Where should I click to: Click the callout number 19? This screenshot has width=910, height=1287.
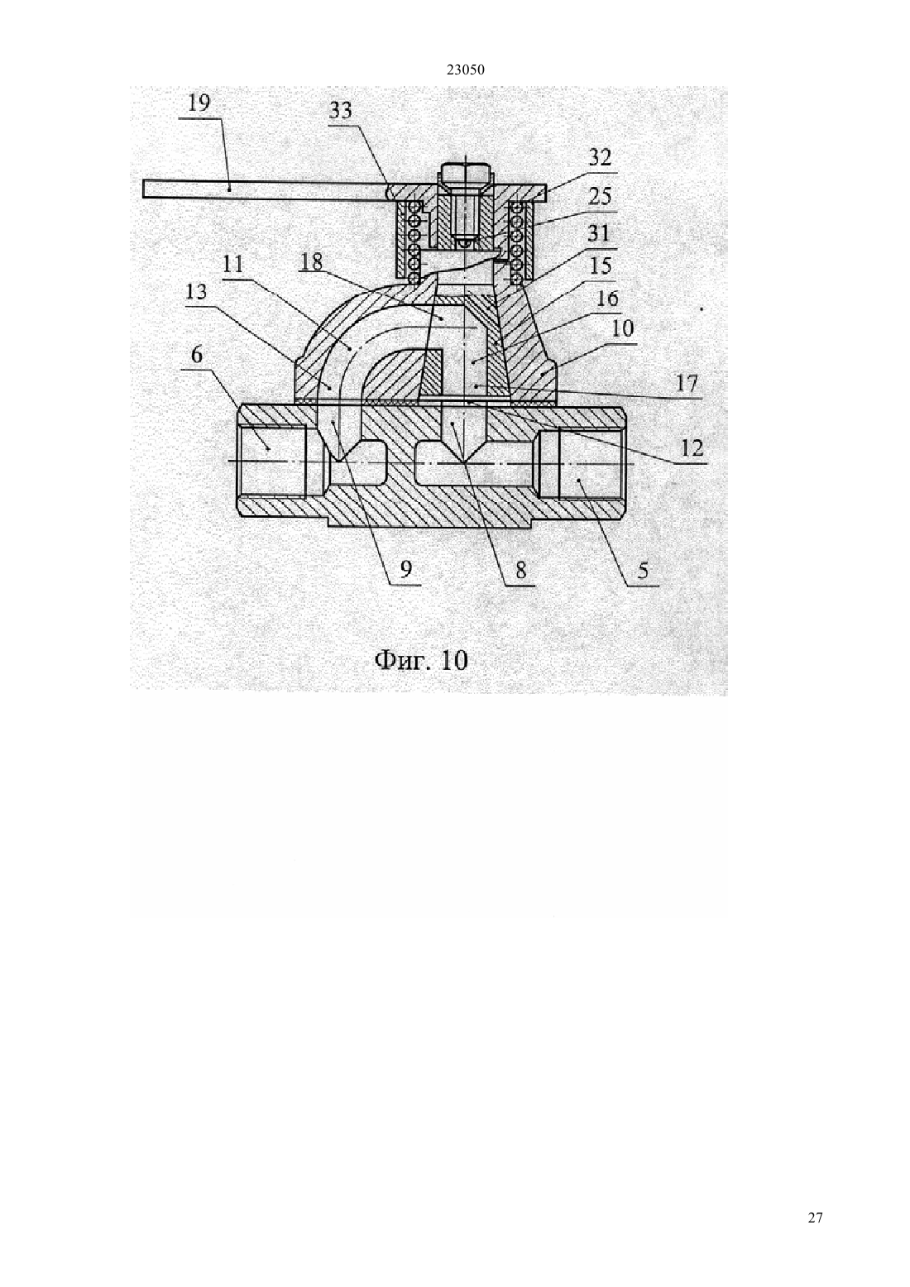(199, 104)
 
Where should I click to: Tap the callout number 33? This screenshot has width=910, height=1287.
(340, 110)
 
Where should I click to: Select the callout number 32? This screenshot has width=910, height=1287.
(600, 157)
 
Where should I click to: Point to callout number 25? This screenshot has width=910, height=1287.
(600, 197)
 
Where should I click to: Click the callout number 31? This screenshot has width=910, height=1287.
(599, 234)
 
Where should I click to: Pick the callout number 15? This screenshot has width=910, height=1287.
(600, 266)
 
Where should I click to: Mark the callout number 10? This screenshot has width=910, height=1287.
(622, 328)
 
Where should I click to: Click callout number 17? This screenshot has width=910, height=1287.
(687, 383)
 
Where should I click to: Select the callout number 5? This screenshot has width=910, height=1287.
(642, 571)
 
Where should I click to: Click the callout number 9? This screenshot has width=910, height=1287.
(405, 569)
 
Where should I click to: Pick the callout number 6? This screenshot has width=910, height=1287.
(197, 355)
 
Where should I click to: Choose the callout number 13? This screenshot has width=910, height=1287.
(196, 292)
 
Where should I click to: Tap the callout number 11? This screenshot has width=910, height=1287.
(232, 265)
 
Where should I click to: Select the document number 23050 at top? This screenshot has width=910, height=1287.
(466, 70)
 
